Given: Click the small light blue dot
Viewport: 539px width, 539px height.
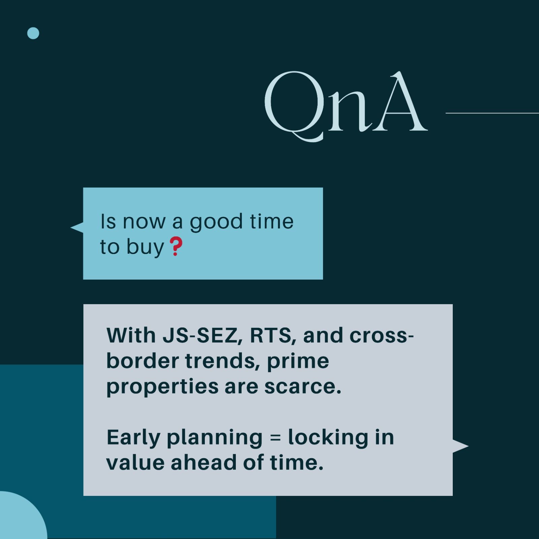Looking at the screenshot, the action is [x=33, y=33].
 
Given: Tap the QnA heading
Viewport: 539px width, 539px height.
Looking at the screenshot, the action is [x=346, y=106].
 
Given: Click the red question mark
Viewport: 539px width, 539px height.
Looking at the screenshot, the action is [x=176, y=246].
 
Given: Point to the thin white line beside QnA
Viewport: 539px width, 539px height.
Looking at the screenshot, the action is [x=492, y=113].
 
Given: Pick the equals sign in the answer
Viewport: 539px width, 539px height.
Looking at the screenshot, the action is [x=275, y=438].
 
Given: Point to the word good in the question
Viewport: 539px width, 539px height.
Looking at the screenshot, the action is [x=216, y=223].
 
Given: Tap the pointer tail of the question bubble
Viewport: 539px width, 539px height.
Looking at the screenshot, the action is [x=77, y=228].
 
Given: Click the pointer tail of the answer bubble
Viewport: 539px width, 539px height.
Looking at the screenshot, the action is [x=461, y=446].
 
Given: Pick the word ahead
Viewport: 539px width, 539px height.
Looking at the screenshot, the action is [x=204, y=462].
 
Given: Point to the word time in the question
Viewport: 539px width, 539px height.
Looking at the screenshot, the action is [x=272, y=221].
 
